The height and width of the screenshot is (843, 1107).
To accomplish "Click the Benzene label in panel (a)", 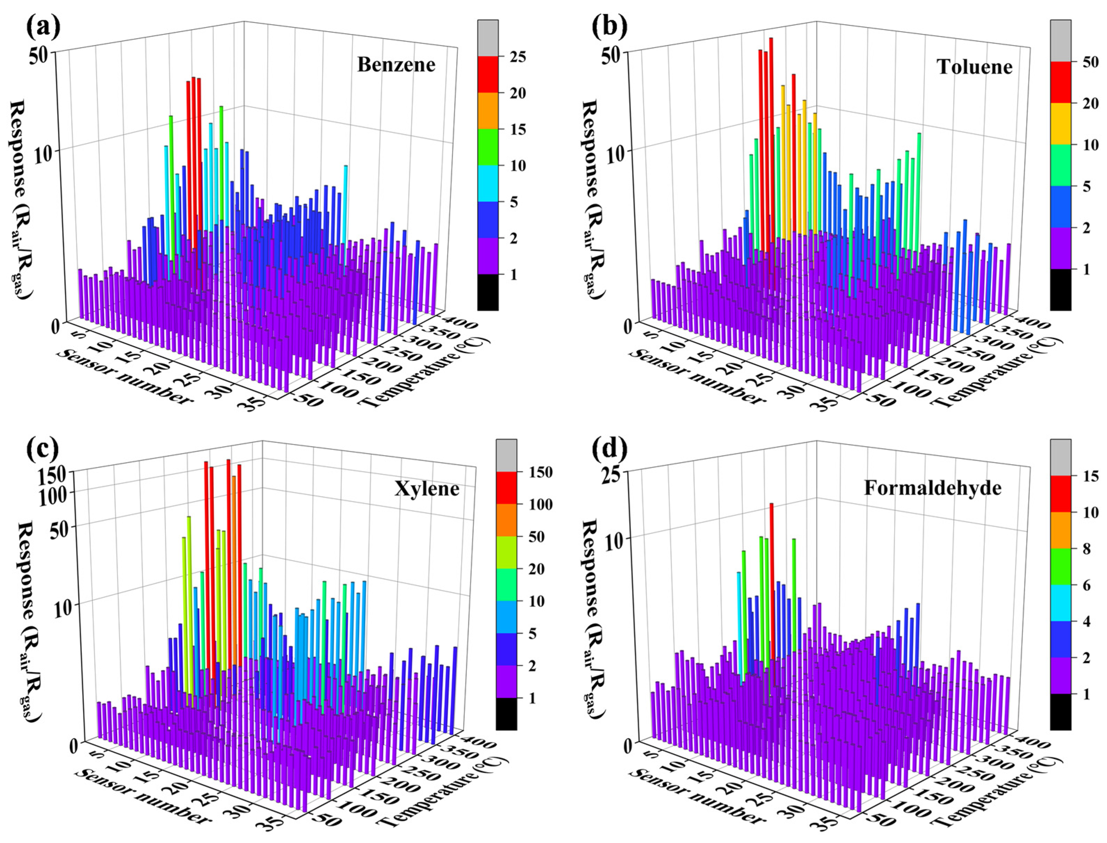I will point(396,65).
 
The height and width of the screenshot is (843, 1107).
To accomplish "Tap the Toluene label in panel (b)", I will point(975,67).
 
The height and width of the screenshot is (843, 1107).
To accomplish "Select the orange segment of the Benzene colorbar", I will point(488,111).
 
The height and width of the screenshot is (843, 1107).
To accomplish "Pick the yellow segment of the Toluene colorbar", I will point(1060,124).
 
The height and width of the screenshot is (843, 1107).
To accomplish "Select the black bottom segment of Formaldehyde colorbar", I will point(1060,711).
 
